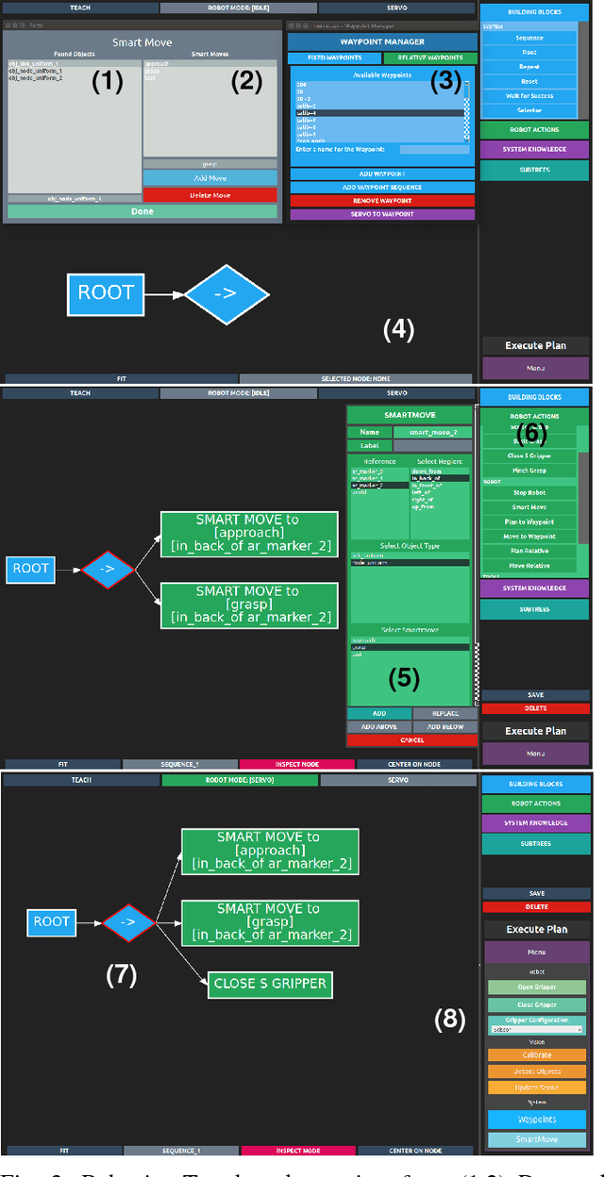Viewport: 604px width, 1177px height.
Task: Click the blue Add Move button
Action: point(210,178)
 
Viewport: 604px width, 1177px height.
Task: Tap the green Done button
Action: point(143,211)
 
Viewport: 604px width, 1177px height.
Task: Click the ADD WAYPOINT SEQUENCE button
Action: point(382,188)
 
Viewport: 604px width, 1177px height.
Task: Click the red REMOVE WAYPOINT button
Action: point(382,201)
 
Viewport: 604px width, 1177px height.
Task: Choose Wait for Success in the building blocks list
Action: point(528,95)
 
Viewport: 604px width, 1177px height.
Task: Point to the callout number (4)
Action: point(398,329)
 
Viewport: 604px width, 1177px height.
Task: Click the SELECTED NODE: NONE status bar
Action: point(356,378)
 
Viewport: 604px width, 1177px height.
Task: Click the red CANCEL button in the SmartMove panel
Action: point(411,740)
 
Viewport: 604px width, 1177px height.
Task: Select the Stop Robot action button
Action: point(528,493)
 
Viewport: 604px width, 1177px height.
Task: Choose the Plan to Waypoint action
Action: point(528,522)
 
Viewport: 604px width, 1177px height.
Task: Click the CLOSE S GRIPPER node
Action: point(270,983)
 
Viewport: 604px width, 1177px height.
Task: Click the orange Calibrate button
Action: point(536,1056)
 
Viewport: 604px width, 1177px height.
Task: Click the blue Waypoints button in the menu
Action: point(536,1119)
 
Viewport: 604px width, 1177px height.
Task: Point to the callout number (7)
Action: point(122,975)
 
